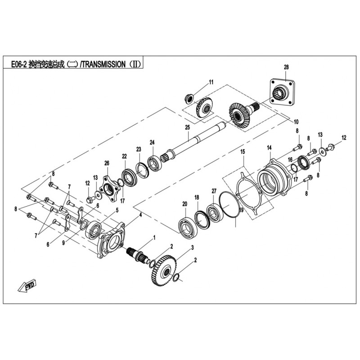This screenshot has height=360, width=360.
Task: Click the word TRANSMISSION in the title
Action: (x=104, y=64)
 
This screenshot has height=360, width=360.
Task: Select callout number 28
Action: (x=286, y=67)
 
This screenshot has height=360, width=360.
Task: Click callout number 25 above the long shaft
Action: (x=188, y=127)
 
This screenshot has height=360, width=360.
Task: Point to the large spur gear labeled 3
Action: (x=164, y=270)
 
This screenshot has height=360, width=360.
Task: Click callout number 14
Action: (x=269, y=148)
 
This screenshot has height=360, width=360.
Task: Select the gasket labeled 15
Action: (x=249, y=192)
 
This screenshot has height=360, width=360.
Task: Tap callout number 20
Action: (x=185, y=204)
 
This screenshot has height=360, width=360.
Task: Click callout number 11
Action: (x=211, y=82)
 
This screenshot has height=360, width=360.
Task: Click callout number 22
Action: (x=124, y=156)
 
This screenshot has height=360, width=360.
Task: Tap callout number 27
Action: (x=214, y=191)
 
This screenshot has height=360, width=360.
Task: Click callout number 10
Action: (x=296, y=121)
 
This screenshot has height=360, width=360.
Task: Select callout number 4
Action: (x=140, y=215)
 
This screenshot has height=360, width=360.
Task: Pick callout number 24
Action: (x=152, y=142)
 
